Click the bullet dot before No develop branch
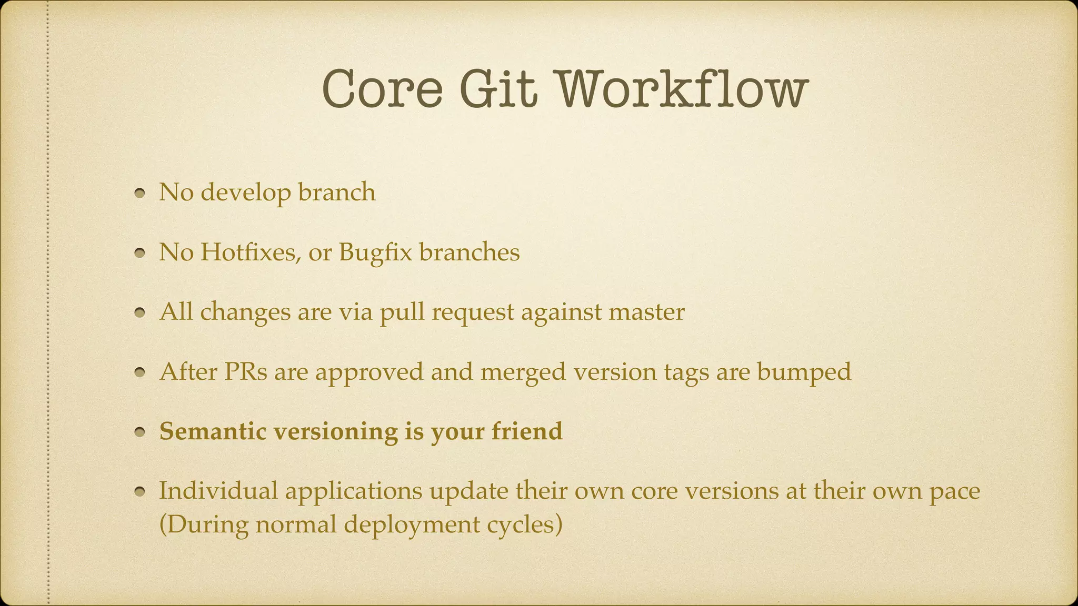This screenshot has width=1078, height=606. tap(139, 194)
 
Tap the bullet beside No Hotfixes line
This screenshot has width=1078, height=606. tap(139, 254)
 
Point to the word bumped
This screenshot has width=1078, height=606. tap(804, 372)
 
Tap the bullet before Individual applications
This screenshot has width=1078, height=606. tap(139, 492)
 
